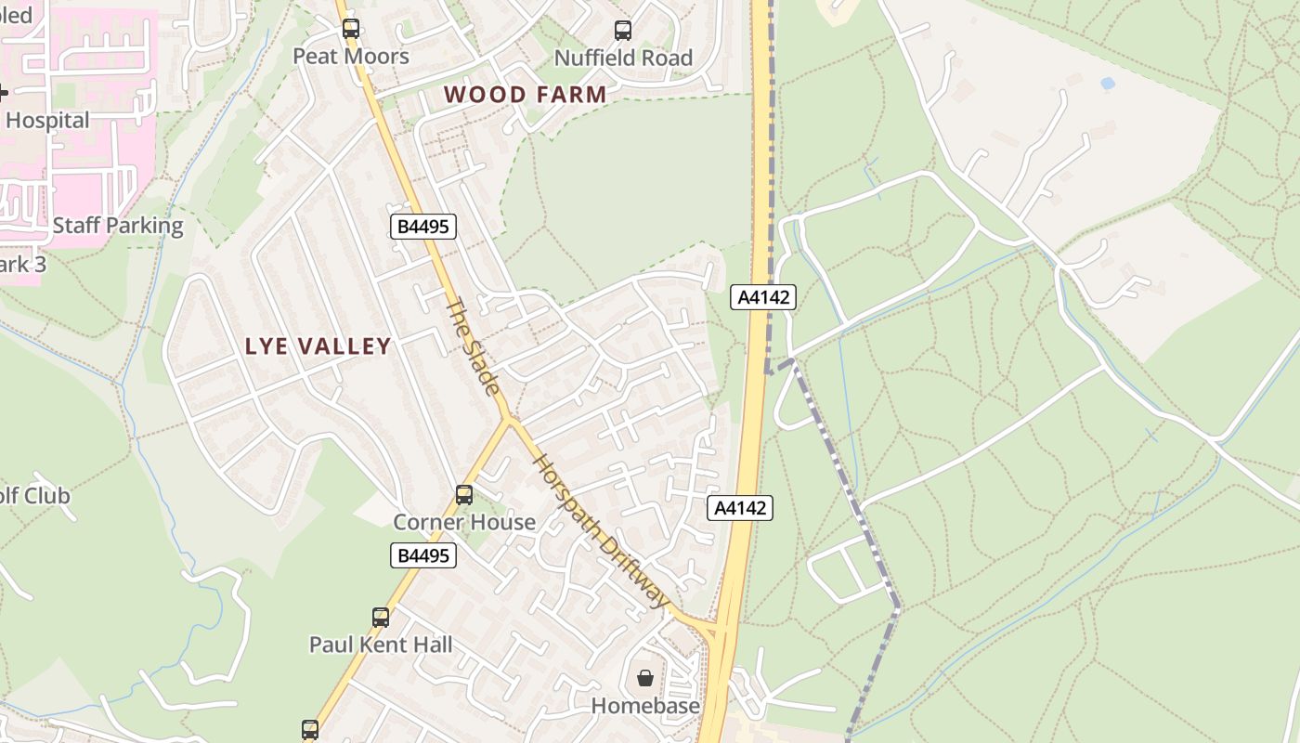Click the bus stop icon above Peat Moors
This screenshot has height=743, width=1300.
[350, 29]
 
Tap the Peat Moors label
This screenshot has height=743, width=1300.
[351, 57]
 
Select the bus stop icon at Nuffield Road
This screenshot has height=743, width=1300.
[623, 31]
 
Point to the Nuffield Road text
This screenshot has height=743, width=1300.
[623, 58]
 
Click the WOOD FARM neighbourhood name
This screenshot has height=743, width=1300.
[525, 94]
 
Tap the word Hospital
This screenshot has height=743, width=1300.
[47, 121]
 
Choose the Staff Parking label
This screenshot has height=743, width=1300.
[118, 226]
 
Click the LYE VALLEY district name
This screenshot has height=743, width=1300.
[318, 346]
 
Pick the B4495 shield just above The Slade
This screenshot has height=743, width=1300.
[423, 226]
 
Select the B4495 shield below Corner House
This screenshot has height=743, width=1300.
[423, 555]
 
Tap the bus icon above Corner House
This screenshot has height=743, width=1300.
[464, 495]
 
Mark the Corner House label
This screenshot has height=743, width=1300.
[464, 522]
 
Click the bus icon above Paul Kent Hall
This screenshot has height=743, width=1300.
[381, 618]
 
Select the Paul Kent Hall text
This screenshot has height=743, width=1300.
[381, 645]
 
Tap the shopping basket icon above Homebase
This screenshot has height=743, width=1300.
[645, 679]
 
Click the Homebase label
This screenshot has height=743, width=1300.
[645, 706]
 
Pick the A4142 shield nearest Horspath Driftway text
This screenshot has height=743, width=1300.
[739, 508]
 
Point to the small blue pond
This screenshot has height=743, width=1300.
[1107, 83]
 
